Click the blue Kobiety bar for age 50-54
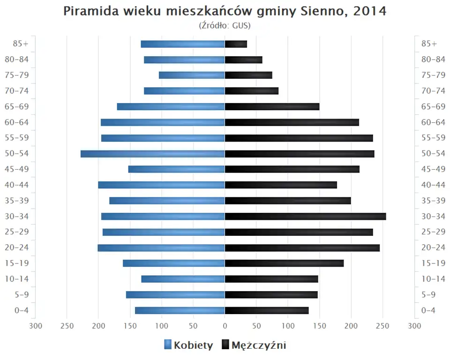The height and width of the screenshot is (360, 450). tap(152, 154)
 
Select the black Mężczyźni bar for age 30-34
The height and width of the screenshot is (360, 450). tap(305, 217)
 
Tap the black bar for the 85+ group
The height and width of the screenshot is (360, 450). tap(236, 44)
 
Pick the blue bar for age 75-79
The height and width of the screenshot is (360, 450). tap(192, 75)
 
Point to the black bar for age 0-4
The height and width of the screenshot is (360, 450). tap(267, 310)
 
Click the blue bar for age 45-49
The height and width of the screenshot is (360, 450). tap(176, 169)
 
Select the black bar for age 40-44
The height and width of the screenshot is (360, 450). tap(281, 185)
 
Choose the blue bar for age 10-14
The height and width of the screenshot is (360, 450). tap(183, 279)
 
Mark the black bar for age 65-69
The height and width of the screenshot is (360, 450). tap(272, 107)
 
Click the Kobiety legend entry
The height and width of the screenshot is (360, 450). tap(188, 345)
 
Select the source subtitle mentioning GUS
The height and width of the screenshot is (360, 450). tap(225, 25)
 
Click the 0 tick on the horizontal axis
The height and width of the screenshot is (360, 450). tap(225, 326)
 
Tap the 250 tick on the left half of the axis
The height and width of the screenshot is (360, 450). tap(67, 326)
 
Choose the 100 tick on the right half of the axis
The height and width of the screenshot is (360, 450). tap(288, 326)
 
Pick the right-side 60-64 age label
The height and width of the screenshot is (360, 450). tap(433, 122)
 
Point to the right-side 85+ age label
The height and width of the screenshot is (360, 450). tap(429, 44)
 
